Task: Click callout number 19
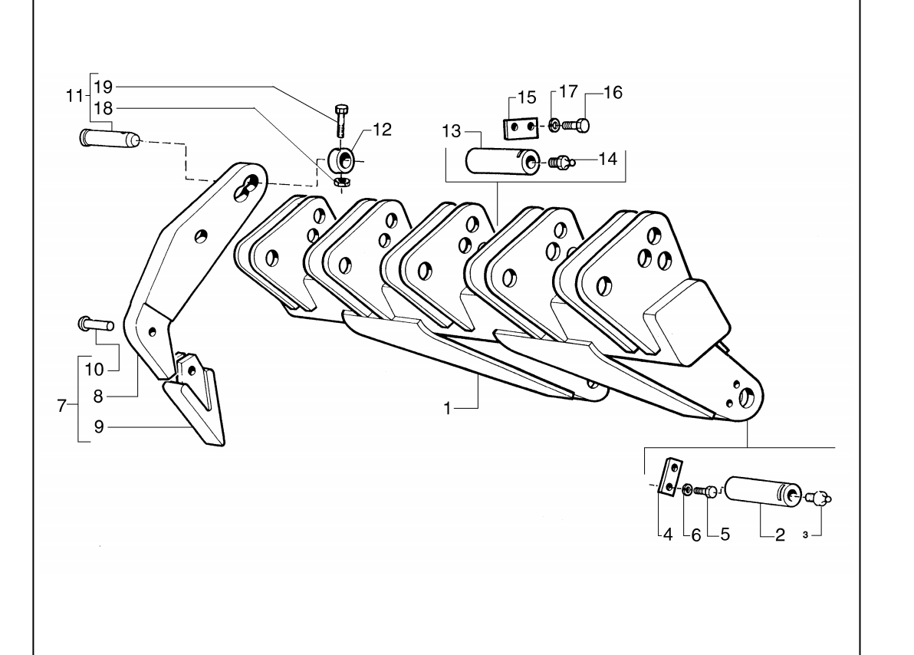(x=104, y=87)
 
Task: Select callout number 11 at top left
(x=74, y=96)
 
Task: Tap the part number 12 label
(x=383, y=130)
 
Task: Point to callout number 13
(x=451, y=131)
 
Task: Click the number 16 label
(x=613, y=92)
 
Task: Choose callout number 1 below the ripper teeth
(x=447, y=408)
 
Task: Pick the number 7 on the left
(x=62, y=406)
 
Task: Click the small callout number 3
(x=805, y=535)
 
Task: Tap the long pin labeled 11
(x=109, y=138)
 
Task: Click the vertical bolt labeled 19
(x=341, y=120)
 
